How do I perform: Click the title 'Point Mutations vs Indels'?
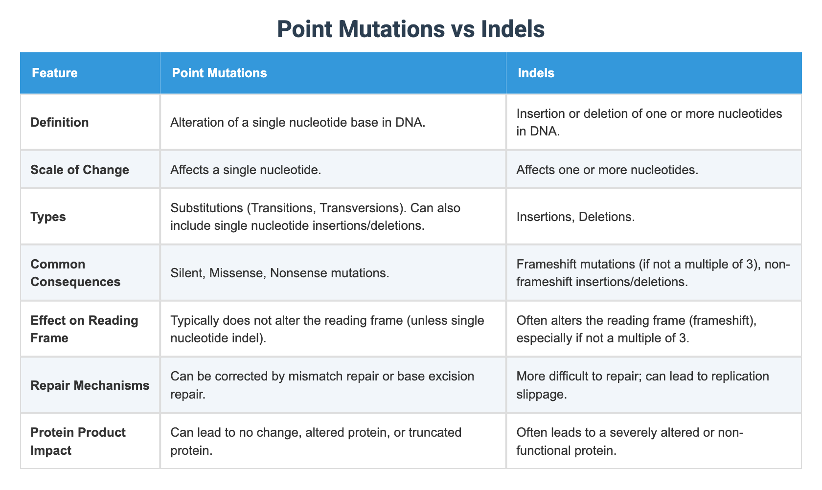click(x=411, y=29)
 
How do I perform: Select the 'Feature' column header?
click(x=54, y=73)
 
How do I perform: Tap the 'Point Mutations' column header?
click(x=219, y=73)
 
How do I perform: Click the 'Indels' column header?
click(x=536, y=73)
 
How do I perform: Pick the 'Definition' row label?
click(x=60, y=122)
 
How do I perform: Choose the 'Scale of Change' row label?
click(x=80, y=170)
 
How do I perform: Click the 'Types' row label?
click(x=48, y=217)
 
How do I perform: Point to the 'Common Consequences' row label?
click(x=75, y=273)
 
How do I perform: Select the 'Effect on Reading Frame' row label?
click(x=84, y=329)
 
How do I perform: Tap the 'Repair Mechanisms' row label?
click(x=90, y=385)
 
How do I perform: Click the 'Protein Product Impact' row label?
click(x=78, y=442)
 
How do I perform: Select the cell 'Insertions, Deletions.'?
click(x=575, y=217)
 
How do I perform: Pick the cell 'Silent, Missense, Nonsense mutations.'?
click(x=280, y=273)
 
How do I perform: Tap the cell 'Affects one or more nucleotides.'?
click(x=607, y=170)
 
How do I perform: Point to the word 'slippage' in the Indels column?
click(x=542, y=394)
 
